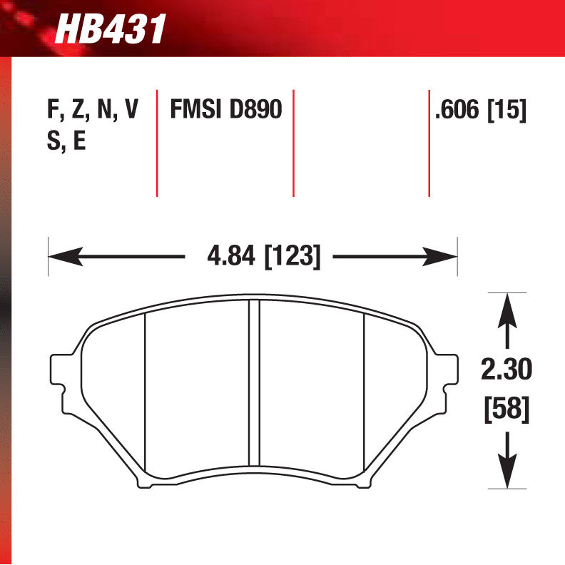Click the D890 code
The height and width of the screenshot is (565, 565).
[x=255, y=110]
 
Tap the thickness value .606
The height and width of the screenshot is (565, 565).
[x=457, y=110]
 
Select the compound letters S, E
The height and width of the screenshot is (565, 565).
[x=66, y=141]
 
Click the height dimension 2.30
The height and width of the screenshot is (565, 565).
[x=507, y=370]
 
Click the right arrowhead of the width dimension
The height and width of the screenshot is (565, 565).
[x=442, y=256]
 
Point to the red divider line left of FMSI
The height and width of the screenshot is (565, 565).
[x=157, y=143]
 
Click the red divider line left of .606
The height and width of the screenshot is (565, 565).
[x=429, y=143]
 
